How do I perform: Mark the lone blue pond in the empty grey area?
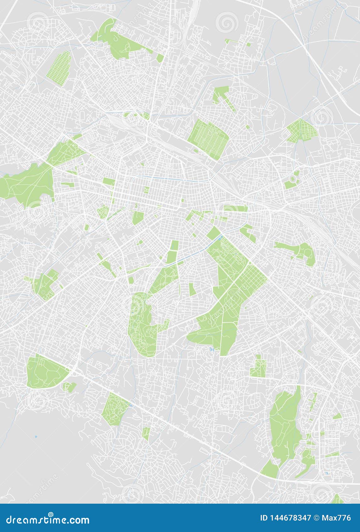36,437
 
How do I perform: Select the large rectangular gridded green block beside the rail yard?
208,139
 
